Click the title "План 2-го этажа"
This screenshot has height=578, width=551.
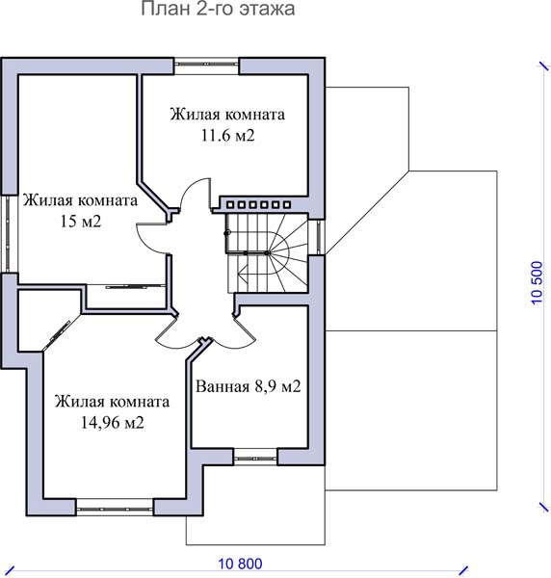[x=218, y=9]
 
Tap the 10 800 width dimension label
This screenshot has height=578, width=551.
[x=240, y=564]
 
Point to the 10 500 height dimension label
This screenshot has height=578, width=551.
[x=537, y=282]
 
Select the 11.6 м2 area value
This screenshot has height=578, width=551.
[x=227, y=136]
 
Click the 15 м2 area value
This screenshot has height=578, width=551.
[x=81, y=222]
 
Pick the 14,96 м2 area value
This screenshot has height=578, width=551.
[x=112, y=423]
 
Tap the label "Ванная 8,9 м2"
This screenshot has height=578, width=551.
[x=248, y=386]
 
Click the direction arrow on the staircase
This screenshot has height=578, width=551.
[x=244, y=274]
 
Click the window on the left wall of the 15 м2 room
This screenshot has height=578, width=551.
[x=9, y=234]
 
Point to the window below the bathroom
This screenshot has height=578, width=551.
[x=255, y=457]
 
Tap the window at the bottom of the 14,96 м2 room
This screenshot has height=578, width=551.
[x=115, y=508]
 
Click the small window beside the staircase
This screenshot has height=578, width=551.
[x=317, y=237]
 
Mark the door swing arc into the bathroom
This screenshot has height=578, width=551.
[x=236, y=337]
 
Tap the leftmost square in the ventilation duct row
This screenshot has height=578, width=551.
[x=230, y=204]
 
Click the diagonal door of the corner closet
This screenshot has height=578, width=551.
[x=57, y=335]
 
